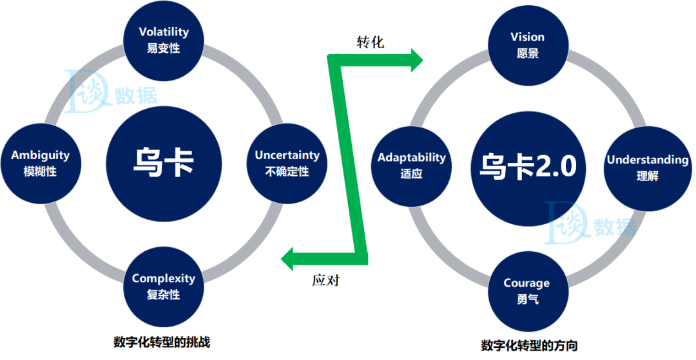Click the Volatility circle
coord(164,39)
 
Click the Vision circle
coord(527,44)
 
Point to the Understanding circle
coord(647,166)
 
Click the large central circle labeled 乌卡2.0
coord(528,167)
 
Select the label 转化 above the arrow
coord(371,43)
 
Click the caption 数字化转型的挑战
coord(161,341)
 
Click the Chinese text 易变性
coord(164,48)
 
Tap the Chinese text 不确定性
coord(287,172)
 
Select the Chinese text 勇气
coord(527,299)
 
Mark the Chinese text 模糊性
coord(40,172)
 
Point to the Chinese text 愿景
coord(527,53)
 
